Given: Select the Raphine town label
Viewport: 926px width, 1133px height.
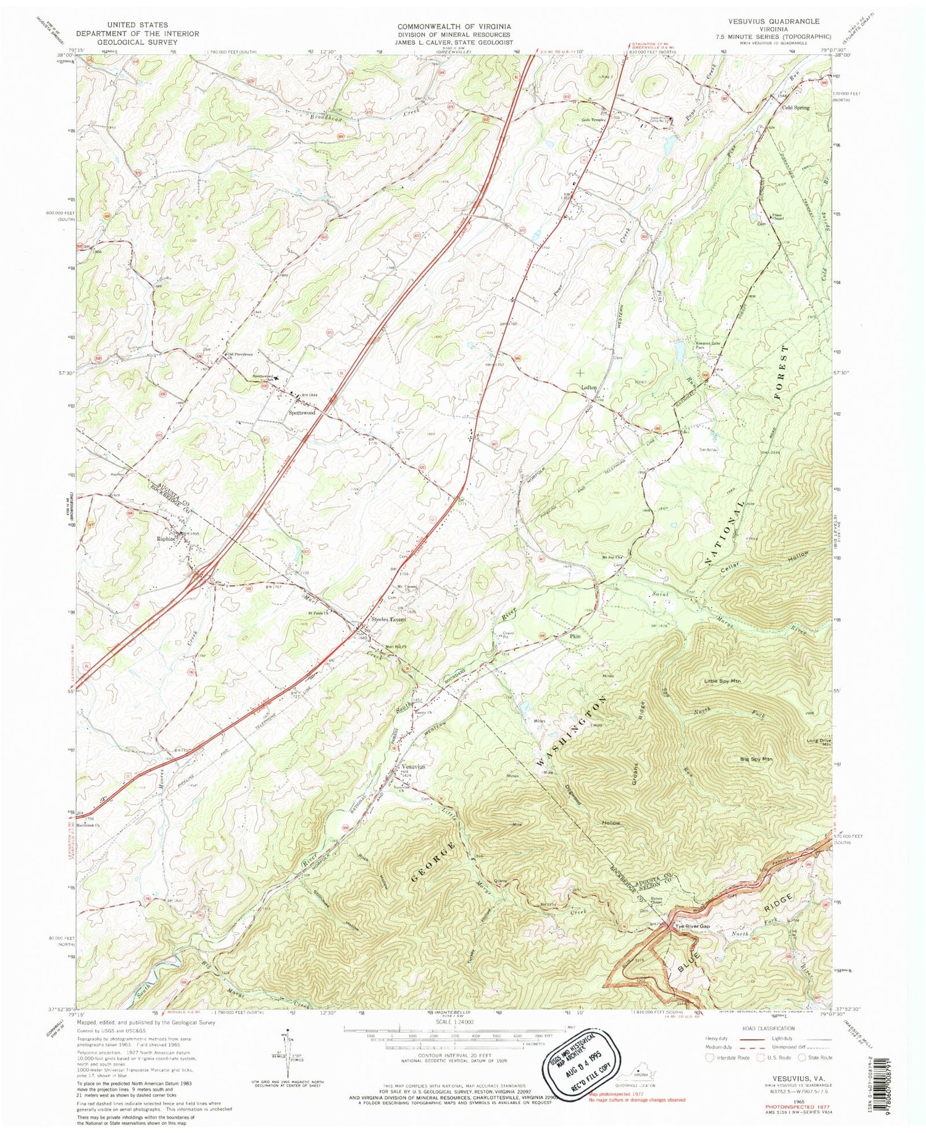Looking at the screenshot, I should [x=165, y=538].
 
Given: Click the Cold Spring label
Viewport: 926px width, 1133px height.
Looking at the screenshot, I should [x=796, y=107].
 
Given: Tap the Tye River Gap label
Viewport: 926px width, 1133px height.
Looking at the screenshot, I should [x=693, y=927].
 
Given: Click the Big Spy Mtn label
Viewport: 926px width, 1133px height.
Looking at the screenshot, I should [x=756, y=758].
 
